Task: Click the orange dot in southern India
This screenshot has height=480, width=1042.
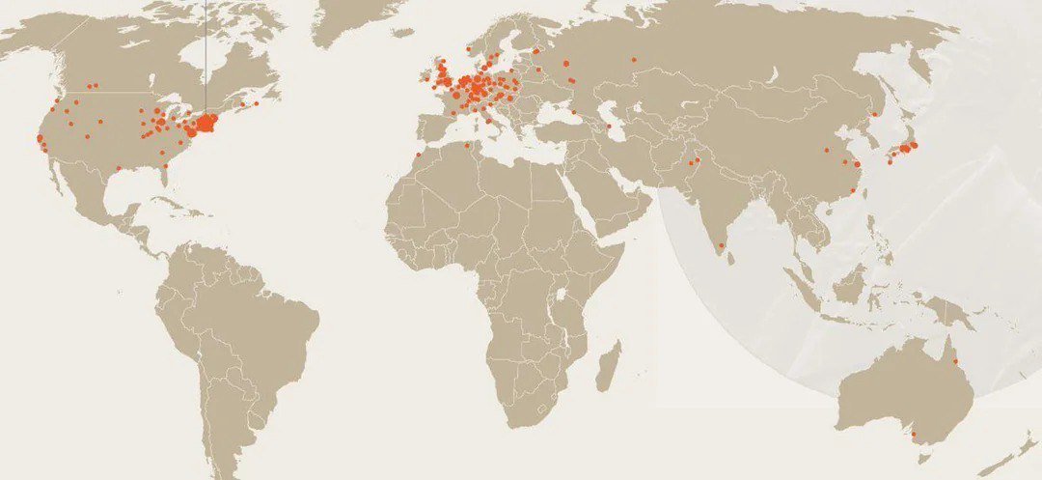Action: pos(720,245)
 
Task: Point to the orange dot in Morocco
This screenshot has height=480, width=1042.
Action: pos(418,155)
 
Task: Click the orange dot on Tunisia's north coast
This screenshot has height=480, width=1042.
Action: pos(471,147)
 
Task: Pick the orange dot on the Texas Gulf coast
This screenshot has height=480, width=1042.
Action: pos(119,169)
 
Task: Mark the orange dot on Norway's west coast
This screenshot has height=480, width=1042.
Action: pos(468,48)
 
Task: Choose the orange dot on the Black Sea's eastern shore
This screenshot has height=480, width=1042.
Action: pos(575,112)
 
